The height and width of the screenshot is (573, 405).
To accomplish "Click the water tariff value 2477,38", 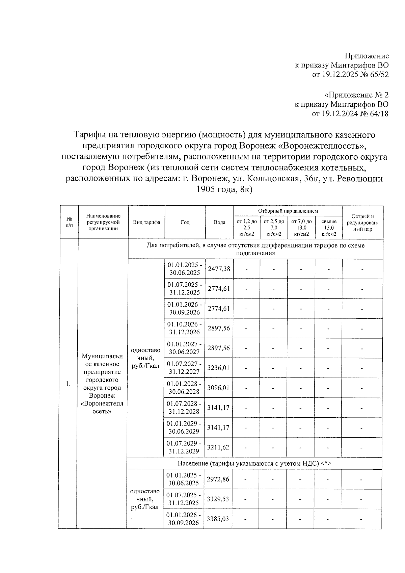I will [x=219, y=269].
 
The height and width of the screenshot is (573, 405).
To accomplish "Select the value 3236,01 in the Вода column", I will [x=219, y=368].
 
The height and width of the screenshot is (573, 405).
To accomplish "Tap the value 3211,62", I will [x=218, y=447].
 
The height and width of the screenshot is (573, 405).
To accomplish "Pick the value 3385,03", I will [x=217, y=519].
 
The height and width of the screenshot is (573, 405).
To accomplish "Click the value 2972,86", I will [x=217, y=479].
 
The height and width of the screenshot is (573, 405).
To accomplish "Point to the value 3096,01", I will [x=218, y=388].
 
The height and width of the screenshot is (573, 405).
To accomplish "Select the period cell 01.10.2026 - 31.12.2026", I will [x=185, y=328].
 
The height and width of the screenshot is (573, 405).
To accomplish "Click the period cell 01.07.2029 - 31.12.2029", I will [x=184, y=447].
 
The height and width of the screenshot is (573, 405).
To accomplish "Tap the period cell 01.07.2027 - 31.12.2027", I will [x=185, y=368].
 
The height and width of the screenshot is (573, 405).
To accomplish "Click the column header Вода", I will [x=219, y=222].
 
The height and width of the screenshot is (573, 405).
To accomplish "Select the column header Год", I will [x=185, y=222].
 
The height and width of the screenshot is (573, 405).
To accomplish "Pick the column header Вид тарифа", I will [x=146, y=222].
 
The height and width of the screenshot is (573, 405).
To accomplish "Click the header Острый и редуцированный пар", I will [x=362, y=223].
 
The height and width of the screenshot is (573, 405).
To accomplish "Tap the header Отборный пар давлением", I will [x=288, y=211].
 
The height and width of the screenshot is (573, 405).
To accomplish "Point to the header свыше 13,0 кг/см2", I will [x=329, y=227].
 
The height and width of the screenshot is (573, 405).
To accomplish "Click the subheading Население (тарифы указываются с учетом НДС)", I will [x=254, y=464].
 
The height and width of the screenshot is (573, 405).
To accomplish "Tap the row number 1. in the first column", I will [x=69, y=384].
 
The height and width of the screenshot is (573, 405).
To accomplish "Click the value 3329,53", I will [x=217, y=499].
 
